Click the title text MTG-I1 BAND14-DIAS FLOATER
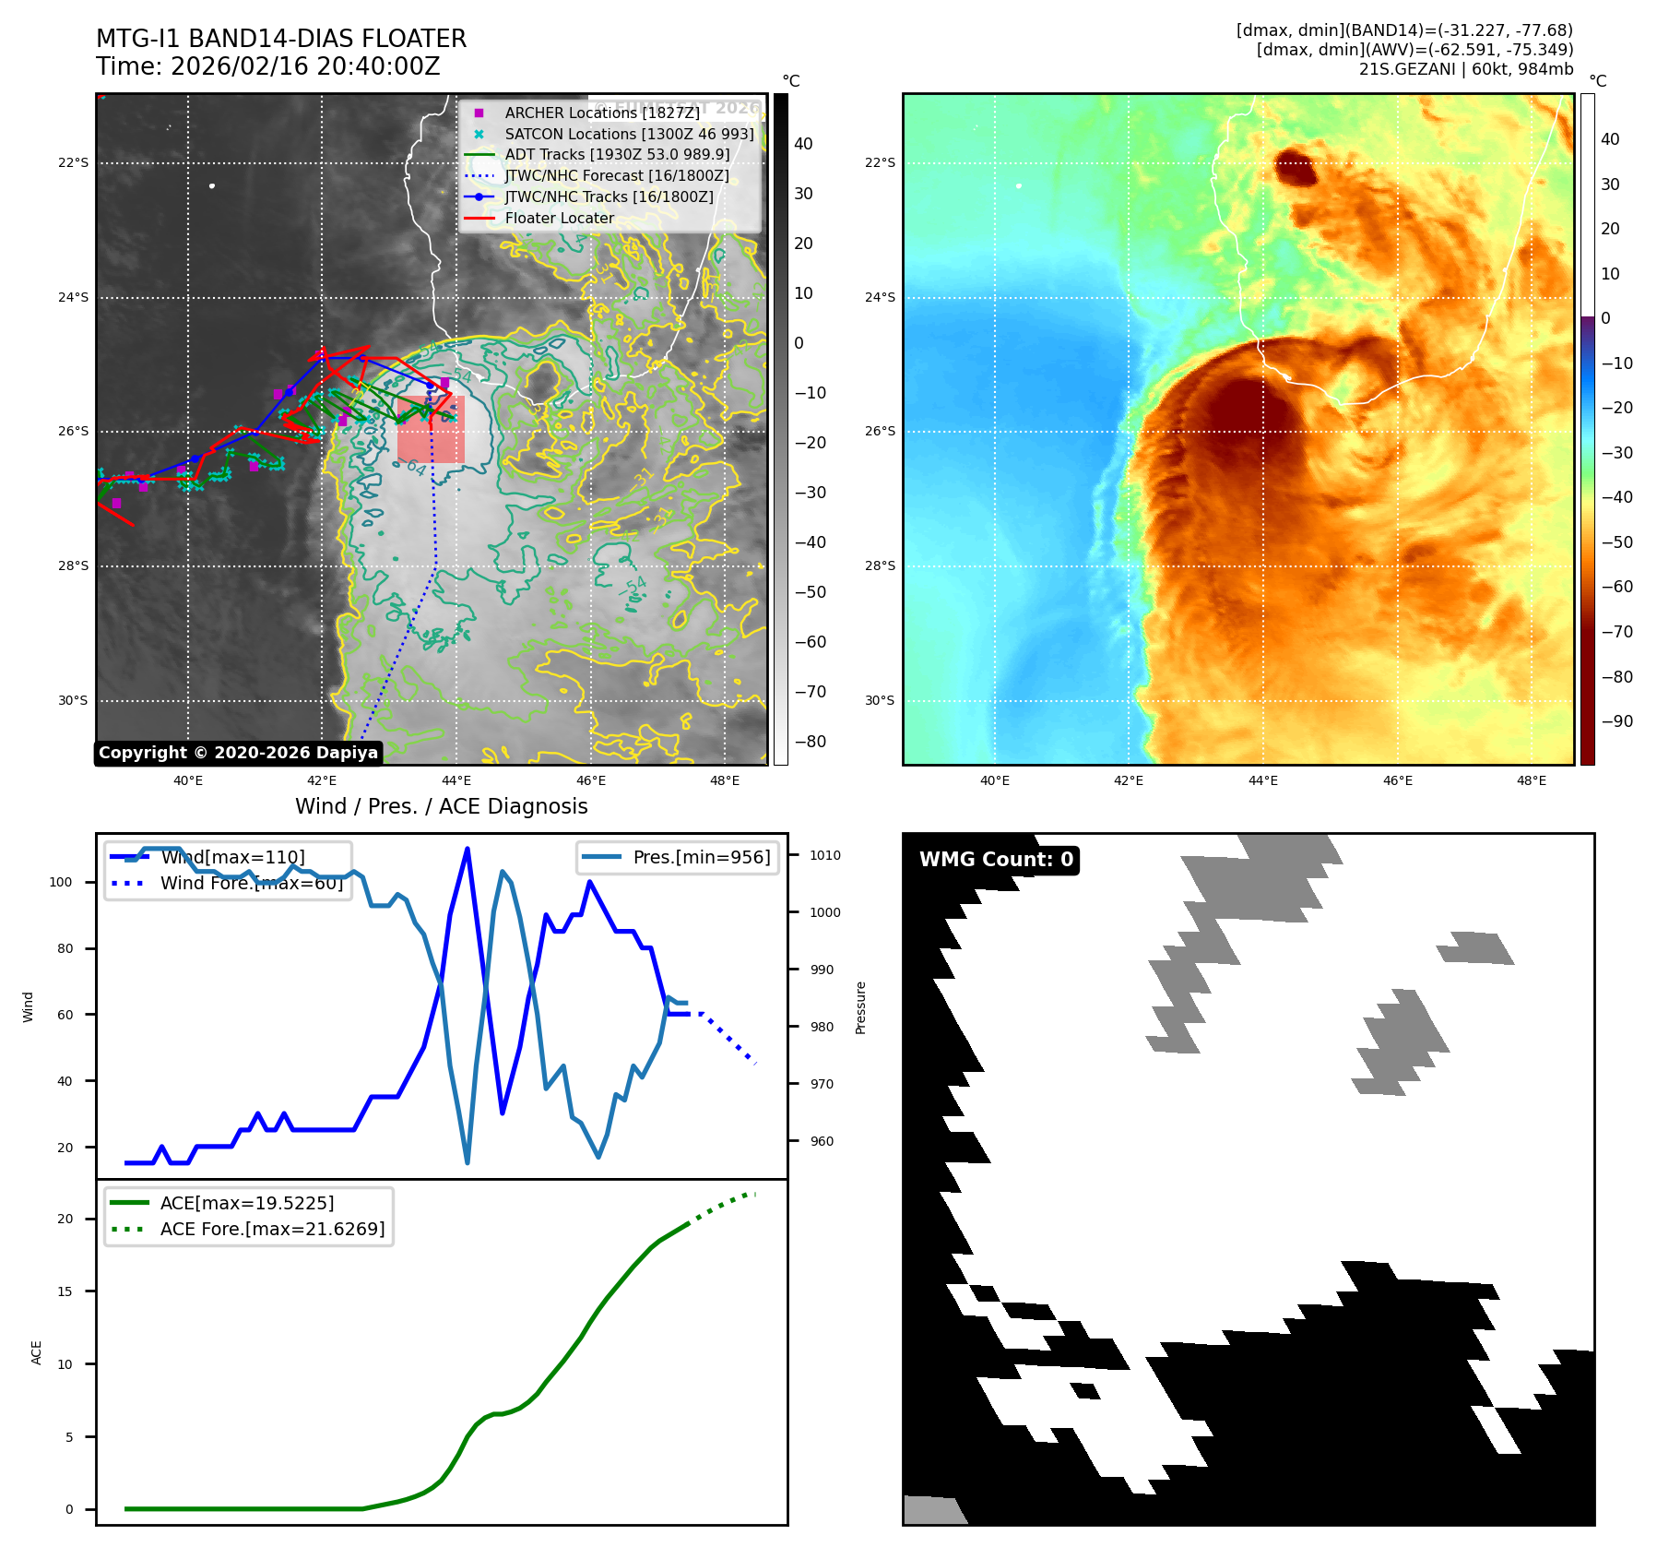coord(281,39)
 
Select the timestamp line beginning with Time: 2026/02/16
coord(267,66)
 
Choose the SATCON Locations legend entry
coord(628,134)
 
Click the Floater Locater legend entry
coord(559,218)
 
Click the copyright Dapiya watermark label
coord(238,753)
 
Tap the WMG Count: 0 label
coord(996,860)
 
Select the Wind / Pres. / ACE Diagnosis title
coord(441,806)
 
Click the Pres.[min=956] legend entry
coord(701,857)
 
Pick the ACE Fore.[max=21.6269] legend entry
coord(272,1229)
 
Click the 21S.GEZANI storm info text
coord(1465,69)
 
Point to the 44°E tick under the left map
coord(456,780)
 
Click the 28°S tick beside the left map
coord(74,565)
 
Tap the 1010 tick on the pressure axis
coord(825,855)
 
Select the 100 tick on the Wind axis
coord(61,882)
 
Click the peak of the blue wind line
coord(468,849)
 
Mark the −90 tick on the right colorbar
coord(1616,721)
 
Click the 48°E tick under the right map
coord(1532,780)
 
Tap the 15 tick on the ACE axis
coord(65,1291)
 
